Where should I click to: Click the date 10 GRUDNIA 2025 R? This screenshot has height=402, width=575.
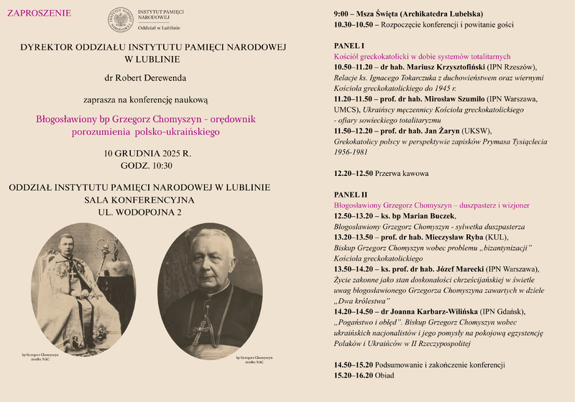point(147,153)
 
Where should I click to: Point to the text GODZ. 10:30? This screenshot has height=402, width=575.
point(147,166)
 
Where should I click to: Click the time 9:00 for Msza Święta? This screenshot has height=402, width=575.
point(343,14)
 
